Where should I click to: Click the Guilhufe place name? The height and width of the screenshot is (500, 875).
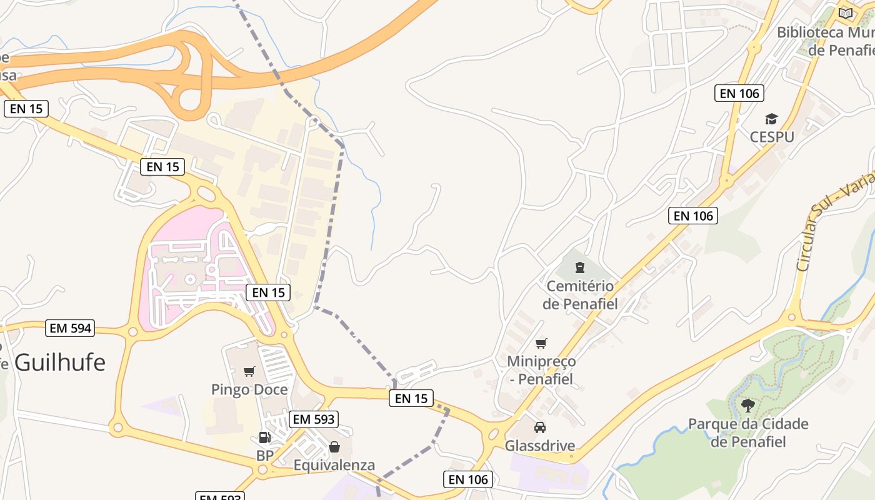click(x=60, y=362)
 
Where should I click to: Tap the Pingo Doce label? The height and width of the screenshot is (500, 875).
click(x=249, y=389)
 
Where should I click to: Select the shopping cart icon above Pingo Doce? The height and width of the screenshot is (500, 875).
click(x=249, y=372)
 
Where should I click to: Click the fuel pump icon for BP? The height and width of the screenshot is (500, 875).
click(x=265, y=437)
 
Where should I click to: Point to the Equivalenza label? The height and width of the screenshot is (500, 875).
click(x=334, y=465)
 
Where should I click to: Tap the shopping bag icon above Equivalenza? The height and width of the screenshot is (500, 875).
click(x=334, y=447)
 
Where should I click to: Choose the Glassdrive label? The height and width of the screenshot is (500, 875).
click(x=540, y=446)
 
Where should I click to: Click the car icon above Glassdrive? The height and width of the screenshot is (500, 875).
click(x=540, y=427)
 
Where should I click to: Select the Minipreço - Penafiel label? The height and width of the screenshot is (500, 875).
click(x=541, y=370)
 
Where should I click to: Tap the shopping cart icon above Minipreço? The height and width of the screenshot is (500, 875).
click(x=541, y=343)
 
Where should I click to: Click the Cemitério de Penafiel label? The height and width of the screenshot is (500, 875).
click(x=580, y=295)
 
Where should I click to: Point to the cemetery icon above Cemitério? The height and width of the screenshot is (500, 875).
click(x=580, y=268)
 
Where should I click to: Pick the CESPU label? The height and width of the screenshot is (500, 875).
click(x=772, y=136)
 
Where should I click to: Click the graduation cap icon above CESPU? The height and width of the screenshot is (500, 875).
click(x=772, y=119)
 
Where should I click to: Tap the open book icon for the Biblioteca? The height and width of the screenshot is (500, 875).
click(x=846, y=13)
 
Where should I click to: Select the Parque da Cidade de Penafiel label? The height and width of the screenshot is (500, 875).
click(x=748, y=432)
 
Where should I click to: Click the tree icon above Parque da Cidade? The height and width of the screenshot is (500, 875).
click(x=748, y=406)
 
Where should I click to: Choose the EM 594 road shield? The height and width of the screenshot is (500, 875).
click(x=71, y=327)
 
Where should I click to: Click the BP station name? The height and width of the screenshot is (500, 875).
click(x=265, y=456)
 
